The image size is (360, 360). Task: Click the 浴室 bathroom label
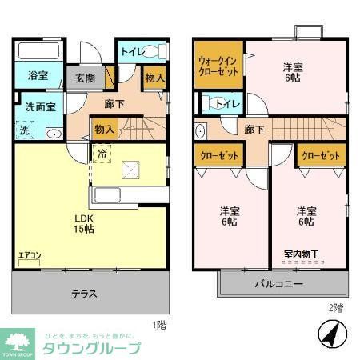[x=38, y=77]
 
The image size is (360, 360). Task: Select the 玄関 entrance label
[x=86, y=78]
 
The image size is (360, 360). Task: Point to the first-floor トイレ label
[x=131, y=52]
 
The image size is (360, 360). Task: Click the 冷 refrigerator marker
[x=102, y=153]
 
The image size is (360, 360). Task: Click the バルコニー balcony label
[x=278, y=284]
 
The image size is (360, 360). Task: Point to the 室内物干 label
[x=302, y=255]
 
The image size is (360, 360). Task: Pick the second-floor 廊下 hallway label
[x=254, y=129]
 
